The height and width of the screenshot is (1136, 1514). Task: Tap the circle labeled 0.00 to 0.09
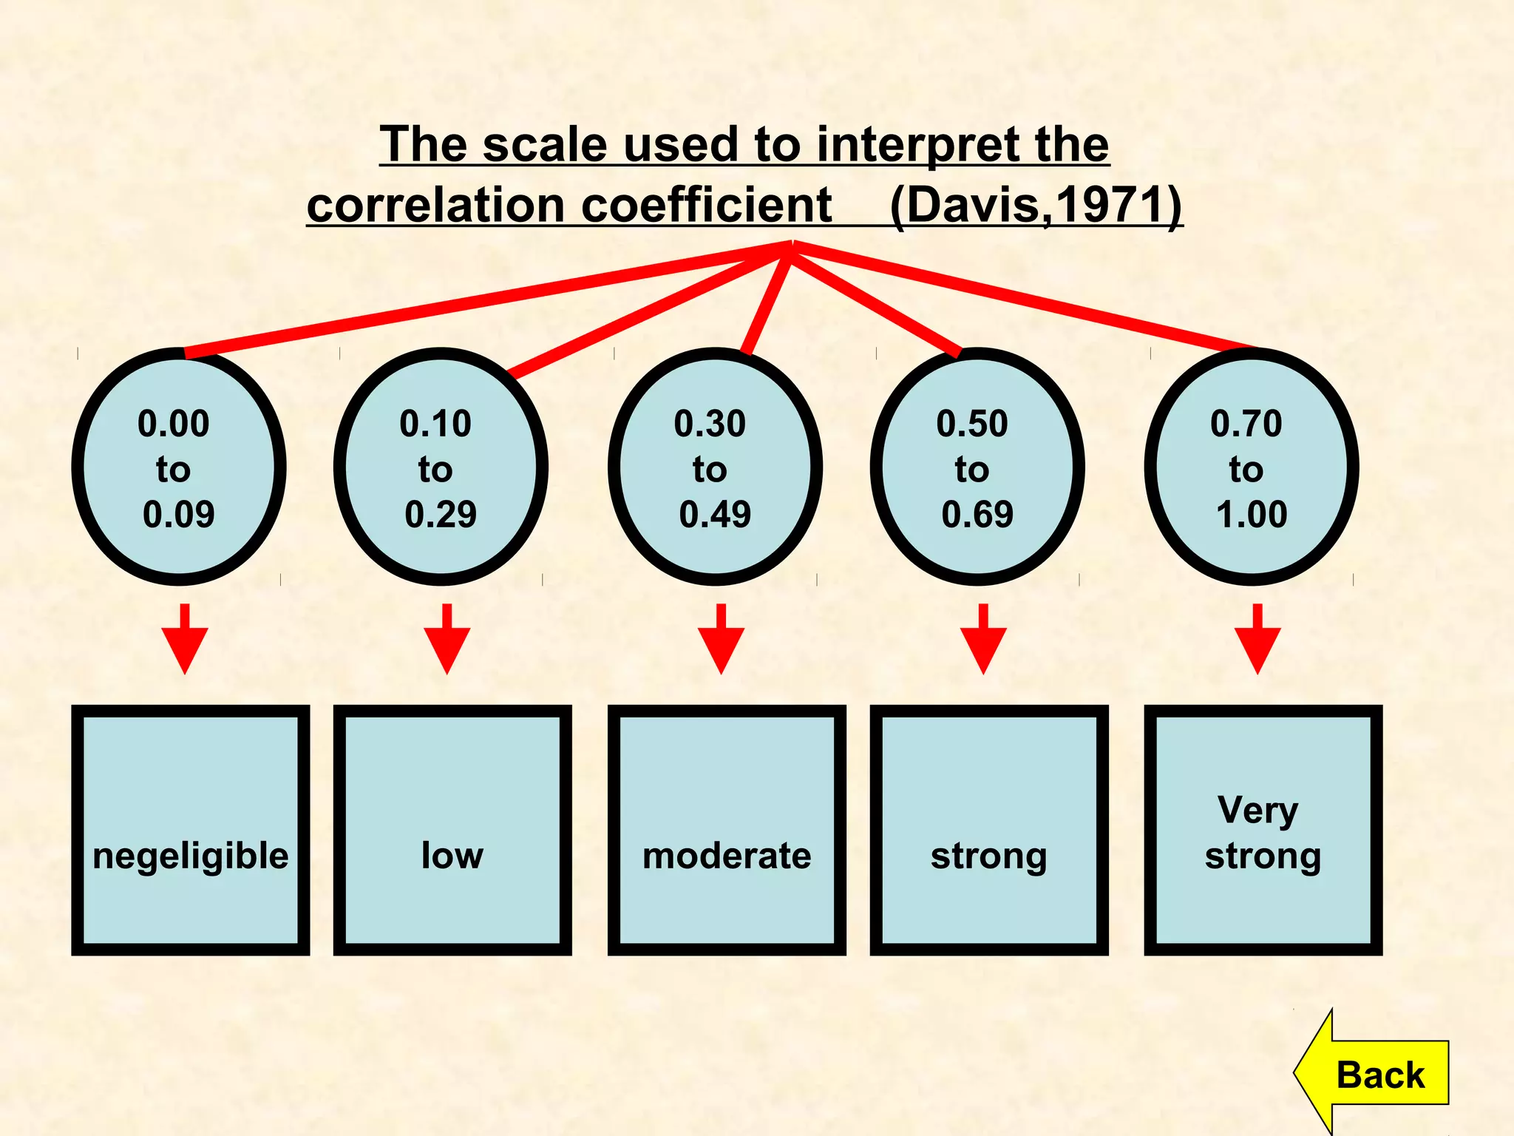(x=178, y=467)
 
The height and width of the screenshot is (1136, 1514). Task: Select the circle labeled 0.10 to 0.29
(x=441, y=467)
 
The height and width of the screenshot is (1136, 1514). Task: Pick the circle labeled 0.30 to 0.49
(x=715, y=467)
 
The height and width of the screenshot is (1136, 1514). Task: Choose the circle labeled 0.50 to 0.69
(x=977, y=467)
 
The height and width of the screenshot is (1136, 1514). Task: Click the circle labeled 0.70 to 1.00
(x=1252, y=467)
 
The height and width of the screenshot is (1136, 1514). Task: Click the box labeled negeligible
(x=190, y=830)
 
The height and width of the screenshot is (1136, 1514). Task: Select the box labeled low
(x=452, y=830)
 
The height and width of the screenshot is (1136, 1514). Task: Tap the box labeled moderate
(x=727, y=830)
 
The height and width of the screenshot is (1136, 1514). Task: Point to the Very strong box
(x=1263, y=830)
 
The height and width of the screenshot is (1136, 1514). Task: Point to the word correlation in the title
(x=437, y=205)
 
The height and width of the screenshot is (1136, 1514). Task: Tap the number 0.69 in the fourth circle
(x=977, y=514)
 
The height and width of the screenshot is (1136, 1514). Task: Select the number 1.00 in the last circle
(x=1252, y=514)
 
